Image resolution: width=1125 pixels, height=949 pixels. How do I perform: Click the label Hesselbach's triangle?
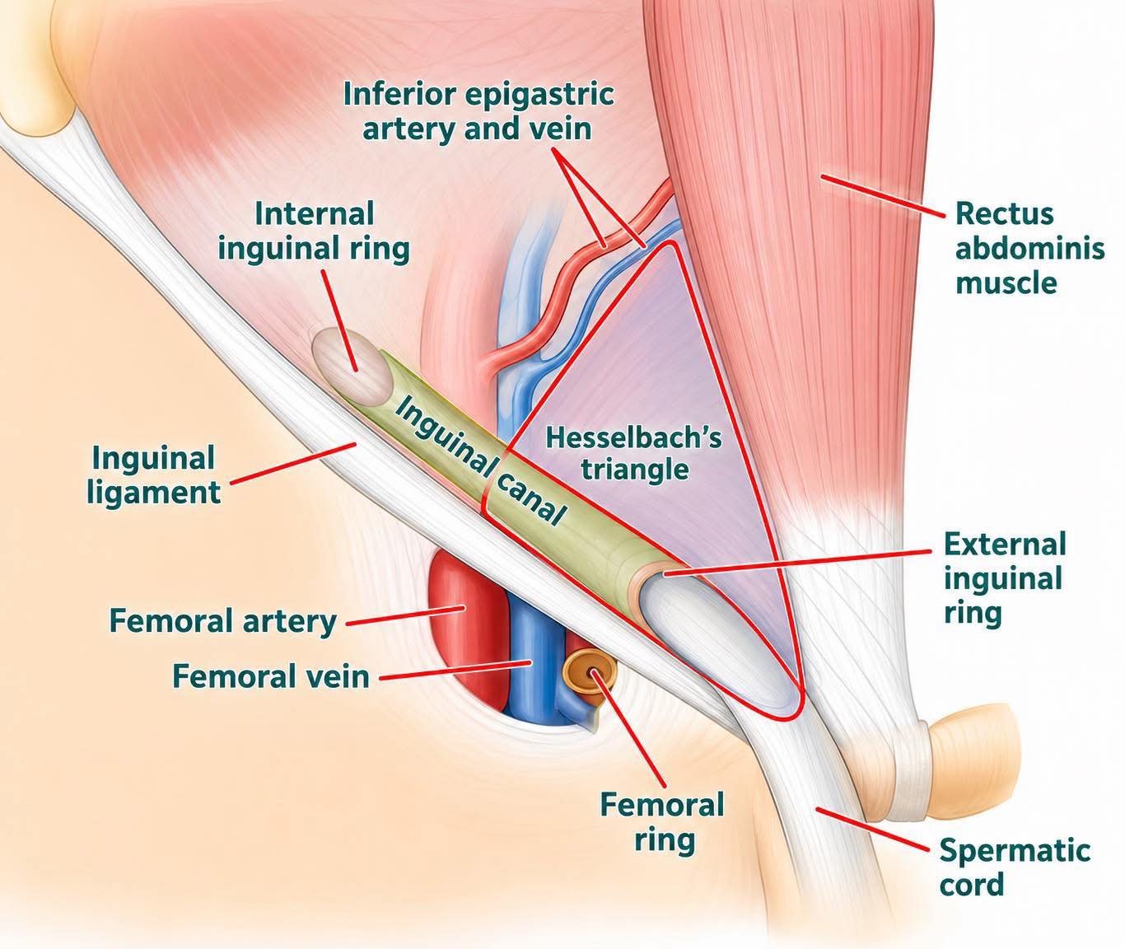pyautogui.click(x=633, y=454)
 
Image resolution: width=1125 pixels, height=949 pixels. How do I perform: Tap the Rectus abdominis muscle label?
pyautogui.click(x=1029, y=249)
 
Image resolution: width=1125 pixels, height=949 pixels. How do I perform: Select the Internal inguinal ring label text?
pyautogui.click(x=314, y=231)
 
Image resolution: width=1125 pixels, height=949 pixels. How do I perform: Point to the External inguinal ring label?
pyautogui.click(x=1005, y=579)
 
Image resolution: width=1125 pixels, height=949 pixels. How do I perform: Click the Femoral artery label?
pyautogui.click(x=223, y=621)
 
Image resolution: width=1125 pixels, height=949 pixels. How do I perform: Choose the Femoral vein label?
pyautogui.click(x=270, y=676)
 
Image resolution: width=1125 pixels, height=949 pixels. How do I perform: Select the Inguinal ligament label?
pyautogui.click(x=153, y=474)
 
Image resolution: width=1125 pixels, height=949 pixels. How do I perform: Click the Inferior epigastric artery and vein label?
pyautogui.click(x=478, y=111)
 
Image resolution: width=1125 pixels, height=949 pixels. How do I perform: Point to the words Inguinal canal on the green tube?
pyautogui.click(x=479, y=463)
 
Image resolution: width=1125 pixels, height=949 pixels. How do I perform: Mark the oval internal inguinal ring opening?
pyautogui.click(x=352, y=367)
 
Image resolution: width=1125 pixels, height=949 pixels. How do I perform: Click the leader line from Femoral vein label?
pyautogui.click(x=455, y=671)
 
